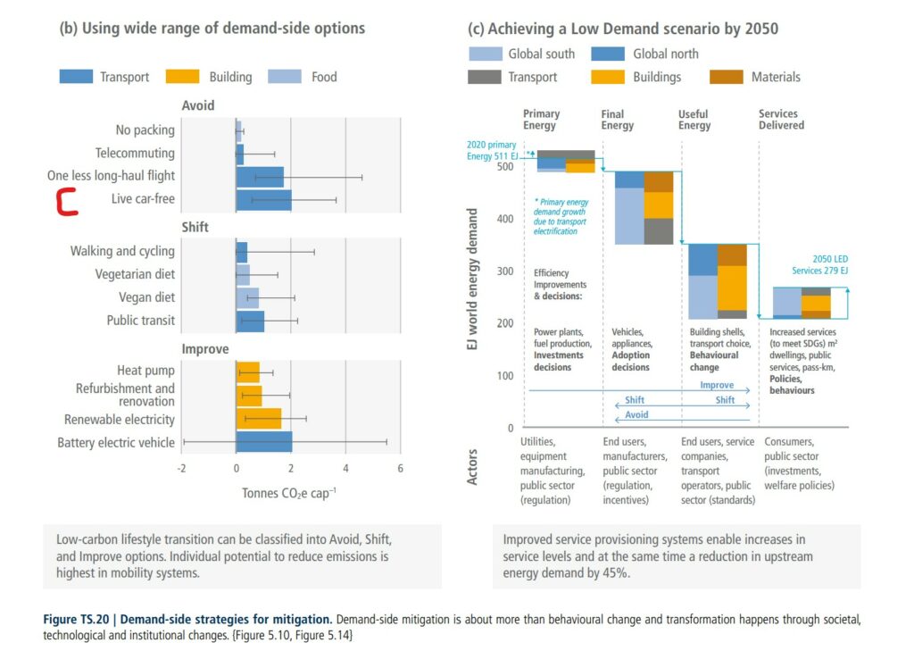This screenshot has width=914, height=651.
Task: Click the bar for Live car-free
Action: tap(263, 199)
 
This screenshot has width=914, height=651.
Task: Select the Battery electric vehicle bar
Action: tap(263, 442)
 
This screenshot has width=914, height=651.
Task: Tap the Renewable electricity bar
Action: tap(258, 419)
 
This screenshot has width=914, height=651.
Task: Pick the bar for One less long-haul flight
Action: tap(259, 176)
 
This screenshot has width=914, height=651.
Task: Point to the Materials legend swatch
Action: tap(726, 77)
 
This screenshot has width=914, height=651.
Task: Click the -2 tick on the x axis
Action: tap(181, 469)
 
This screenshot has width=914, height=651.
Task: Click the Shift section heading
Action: tap(195, 227)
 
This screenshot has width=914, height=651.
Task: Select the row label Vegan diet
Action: tap(146, 297)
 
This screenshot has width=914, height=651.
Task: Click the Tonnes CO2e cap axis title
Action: tap(288, 493)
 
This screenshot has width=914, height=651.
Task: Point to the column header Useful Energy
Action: tap(694, 120)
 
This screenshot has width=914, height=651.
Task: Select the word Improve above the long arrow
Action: tap(717, 386)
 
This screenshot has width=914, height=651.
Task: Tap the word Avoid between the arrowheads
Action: tap(636, 414)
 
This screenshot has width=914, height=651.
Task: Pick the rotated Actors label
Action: tap(472, 466)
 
